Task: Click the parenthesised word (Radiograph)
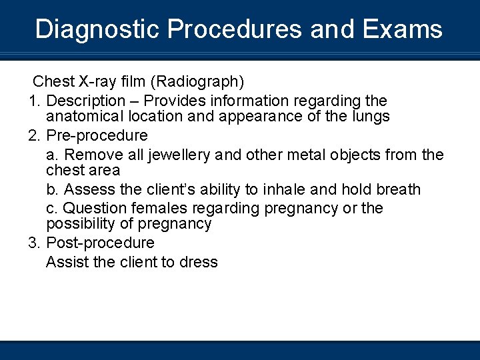(197, 81)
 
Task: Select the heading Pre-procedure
(97, 135)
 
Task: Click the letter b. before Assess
(53, 189)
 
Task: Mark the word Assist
(67, 262)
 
